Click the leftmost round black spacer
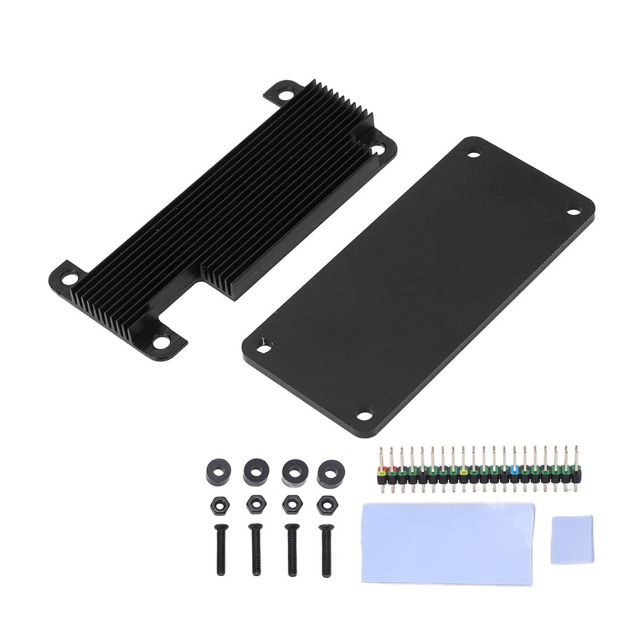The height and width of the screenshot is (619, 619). (x=218, y=472)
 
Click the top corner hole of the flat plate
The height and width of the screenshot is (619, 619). (x=475, y=152)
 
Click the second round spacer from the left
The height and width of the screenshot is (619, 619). (x=255, y=472)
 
